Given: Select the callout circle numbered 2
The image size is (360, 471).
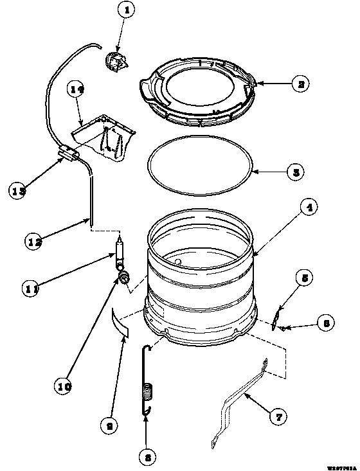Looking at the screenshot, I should point(300,82).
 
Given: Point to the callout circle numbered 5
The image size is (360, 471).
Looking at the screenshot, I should point(305,278).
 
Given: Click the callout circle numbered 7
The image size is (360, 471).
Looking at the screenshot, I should point(278,418).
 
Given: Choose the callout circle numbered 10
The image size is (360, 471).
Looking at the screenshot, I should point(63,387).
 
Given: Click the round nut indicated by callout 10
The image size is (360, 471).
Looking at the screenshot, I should point(123,277).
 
